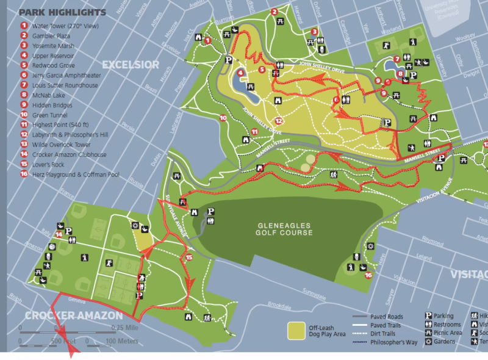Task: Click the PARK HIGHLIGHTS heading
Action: point(62,12)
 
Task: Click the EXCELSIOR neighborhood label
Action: point(131,65)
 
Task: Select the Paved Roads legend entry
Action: point(378,317)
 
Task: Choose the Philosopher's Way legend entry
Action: point(385,342)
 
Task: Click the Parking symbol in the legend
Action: point(428,316)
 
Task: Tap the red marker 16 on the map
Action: point(368,275)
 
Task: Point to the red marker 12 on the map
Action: point(278,121)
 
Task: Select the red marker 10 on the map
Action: point(223,117)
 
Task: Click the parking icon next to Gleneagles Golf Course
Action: point(211,212)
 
